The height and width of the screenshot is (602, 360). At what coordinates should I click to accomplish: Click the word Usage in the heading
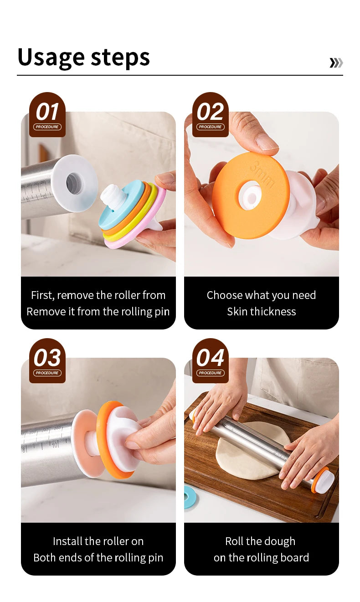51,58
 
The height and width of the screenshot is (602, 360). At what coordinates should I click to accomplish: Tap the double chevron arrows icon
336,62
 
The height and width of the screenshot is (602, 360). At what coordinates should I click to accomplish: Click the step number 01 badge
47,114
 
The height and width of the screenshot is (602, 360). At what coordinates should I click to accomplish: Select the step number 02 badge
211,114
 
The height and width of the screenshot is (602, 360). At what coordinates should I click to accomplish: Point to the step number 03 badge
47,360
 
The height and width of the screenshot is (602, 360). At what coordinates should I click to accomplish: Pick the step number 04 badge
211,360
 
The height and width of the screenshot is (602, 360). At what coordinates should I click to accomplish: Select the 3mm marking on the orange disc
262,174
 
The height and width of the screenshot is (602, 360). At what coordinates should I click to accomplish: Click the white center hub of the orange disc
250,196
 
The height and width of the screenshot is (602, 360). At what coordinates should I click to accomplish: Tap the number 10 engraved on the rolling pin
55,445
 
